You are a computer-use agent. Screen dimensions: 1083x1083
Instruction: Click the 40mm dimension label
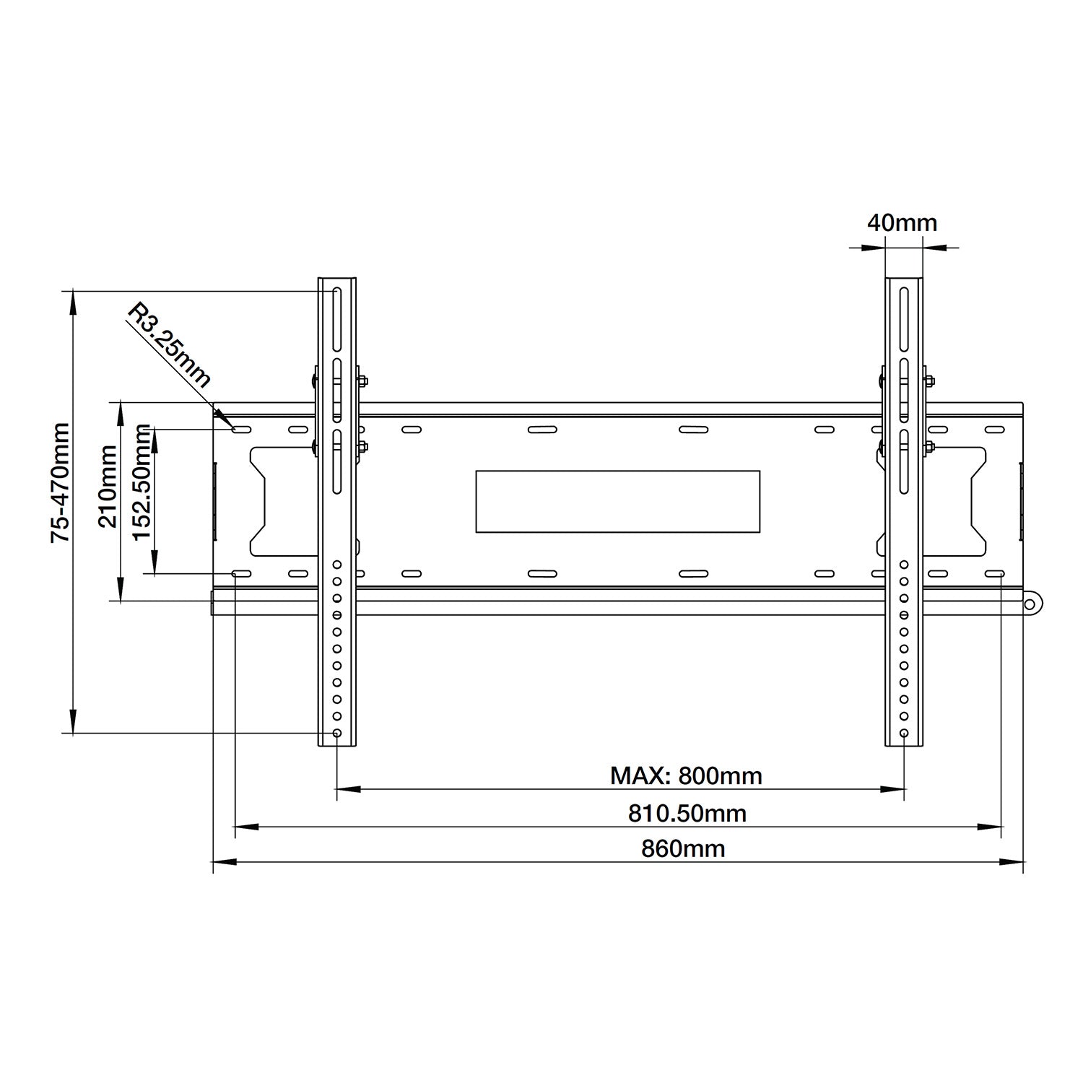[x=902, y=222]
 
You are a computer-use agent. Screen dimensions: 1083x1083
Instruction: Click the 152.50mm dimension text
[x=142, y=482]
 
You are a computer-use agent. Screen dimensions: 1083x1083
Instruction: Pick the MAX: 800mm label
[x=686, y=776]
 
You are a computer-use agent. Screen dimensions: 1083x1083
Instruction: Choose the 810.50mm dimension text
[x=687, y=814]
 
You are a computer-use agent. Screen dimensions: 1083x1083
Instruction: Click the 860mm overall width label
[x=683, y=848]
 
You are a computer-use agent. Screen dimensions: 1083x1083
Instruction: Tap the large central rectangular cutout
[x=618, y=501]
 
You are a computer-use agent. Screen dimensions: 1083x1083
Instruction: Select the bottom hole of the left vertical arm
[x=337, y=733]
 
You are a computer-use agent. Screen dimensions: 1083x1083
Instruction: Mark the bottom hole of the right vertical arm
[x=905, y=733]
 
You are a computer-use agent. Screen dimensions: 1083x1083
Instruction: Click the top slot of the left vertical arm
[x=337, y=318]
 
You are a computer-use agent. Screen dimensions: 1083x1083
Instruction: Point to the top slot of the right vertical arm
[x=905, y=318]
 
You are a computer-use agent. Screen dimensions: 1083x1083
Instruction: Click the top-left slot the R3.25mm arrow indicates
[x=241, y=430]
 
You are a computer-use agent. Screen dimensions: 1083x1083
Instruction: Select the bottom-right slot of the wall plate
[x=994, y=574]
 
